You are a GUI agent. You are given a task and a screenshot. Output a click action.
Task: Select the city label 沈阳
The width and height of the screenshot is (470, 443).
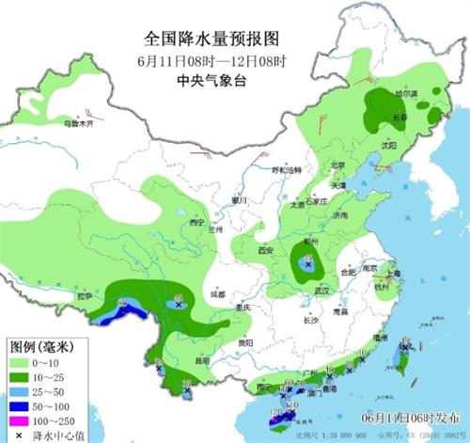387,146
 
